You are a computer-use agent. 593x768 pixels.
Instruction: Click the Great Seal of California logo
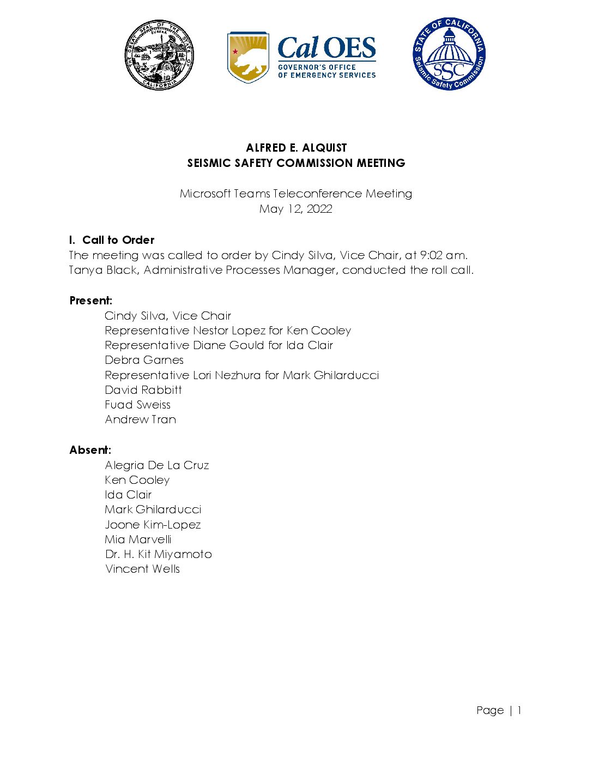(x=159, y=55)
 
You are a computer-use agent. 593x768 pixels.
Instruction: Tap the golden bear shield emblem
(x=248, y=57)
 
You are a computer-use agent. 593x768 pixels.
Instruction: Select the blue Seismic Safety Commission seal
(x=449, y=54)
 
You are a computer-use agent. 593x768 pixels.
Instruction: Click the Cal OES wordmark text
(x=326, y=49)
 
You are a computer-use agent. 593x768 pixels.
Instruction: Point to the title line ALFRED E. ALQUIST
(x=296, y=148)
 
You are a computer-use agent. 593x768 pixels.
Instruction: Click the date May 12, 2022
(x=296, y=209)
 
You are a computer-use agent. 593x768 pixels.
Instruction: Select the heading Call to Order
(x=118, y=240)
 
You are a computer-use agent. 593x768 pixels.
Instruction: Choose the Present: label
(x=90, y=301)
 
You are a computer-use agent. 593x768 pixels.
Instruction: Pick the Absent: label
(x=90, y=450)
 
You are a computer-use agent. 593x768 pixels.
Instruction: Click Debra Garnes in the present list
(x=144, y=360)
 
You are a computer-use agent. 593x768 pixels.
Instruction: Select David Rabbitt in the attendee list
(x=143, y=390)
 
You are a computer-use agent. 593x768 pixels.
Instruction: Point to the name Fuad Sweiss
(x=137, y=405)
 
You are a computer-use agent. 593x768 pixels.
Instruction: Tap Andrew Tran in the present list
(x=141, y=419)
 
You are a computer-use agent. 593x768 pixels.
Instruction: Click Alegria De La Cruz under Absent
(x=157, y=465)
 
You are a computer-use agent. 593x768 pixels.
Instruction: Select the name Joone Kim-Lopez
(x=153, y=525)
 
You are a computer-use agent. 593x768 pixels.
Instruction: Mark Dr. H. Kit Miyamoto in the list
(x=158, y=554)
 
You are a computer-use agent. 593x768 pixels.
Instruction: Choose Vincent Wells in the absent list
(x=142, y=569)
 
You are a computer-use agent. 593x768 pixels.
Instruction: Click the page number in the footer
(x=519, y=710)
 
